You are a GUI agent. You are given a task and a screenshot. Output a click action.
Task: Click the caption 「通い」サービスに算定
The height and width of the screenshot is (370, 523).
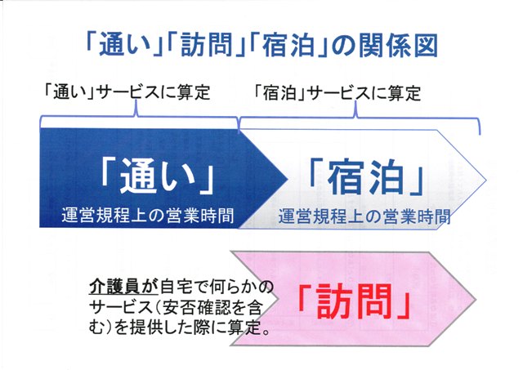click(x=127, y=92)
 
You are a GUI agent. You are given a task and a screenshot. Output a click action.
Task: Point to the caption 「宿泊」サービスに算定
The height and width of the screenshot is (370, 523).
click(x=337, y=93)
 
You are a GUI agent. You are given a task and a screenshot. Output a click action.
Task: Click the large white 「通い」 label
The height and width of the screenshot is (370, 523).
click(x=158, y=176)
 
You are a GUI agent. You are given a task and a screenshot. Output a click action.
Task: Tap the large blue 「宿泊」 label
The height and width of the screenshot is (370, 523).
click(x=366, y=176)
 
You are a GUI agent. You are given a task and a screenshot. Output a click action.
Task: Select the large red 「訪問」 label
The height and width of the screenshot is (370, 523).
click(x=354, y=301)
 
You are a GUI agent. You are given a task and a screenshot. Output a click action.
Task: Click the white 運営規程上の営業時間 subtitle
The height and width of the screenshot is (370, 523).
click(x=147, y=215)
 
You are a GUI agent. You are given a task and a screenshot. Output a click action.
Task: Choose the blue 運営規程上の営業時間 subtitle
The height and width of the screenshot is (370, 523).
click(x=364, y=216)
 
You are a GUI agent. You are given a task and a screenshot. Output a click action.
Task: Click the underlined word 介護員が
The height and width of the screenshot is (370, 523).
click(x=123, y=287)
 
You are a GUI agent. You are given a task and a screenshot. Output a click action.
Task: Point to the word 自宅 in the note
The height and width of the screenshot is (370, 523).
click(x=176, y=287)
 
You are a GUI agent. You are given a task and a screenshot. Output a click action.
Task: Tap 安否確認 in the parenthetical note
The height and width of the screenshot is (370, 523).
click(x=193, y=308)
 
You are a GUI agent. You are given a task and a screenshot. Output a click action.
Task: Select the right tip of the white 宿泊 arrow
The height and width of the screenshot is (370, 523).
click(x=485, y=180)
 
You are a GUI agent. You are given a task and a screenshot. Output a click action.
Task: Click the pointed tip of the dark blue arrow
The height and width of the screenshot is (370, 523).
click(x=288, y=180)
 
